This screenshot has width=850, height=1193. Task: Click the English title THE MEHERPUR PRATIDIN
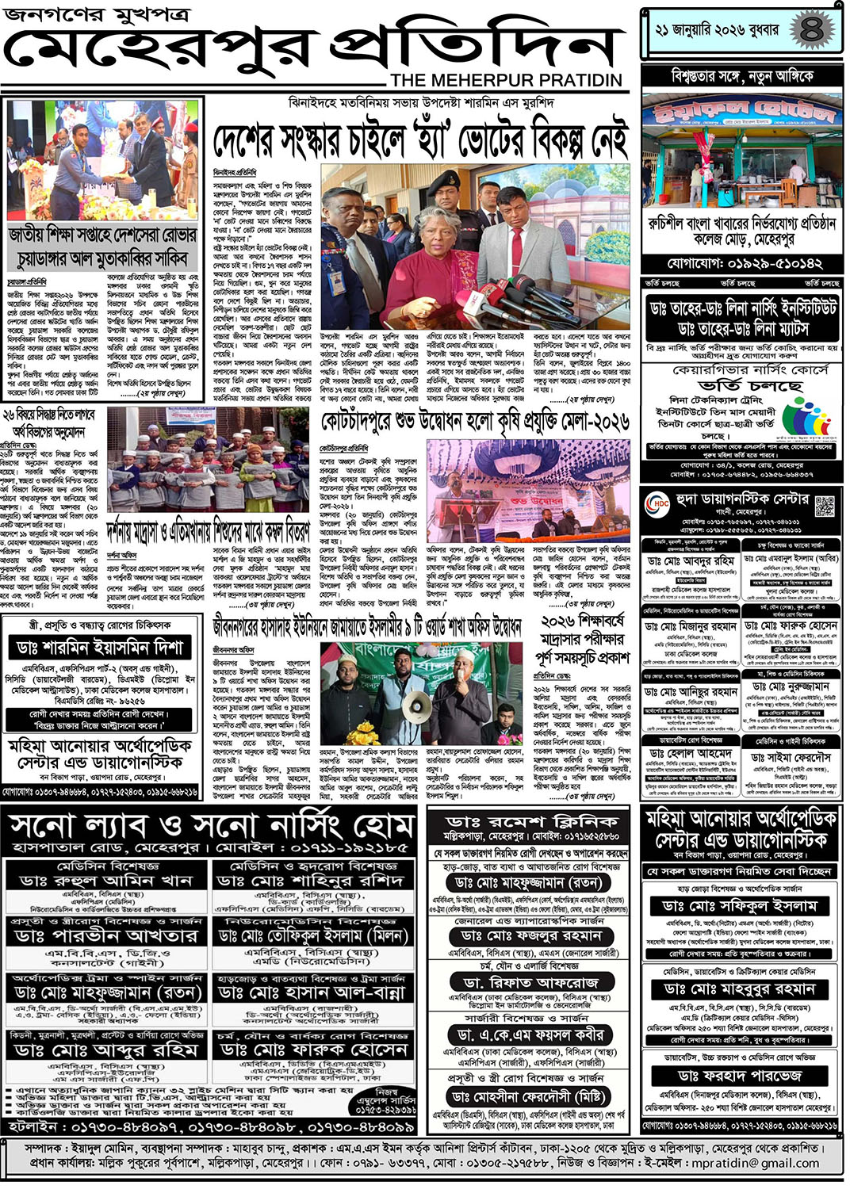507,80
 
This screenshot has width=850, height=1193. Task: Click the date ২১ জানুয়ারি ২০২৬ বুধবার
717,30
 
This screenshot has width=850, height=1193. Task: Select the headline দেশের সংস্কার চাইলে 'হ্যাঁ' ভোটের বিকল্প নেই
420,141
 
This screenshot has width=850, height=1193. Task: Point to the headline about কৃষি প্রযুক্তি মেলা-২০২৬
475,421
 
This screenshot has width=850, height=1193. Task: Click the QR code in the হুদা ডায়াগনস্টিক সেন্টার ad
825,504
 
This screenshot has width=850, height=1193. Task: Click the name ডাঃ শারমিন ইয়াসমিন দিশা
99,647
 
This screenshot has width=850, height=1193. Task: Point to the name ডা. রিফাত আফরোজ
532,982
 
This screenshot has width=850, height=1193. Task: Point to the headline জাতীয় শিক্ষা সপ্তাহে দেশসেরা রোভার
103,235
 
